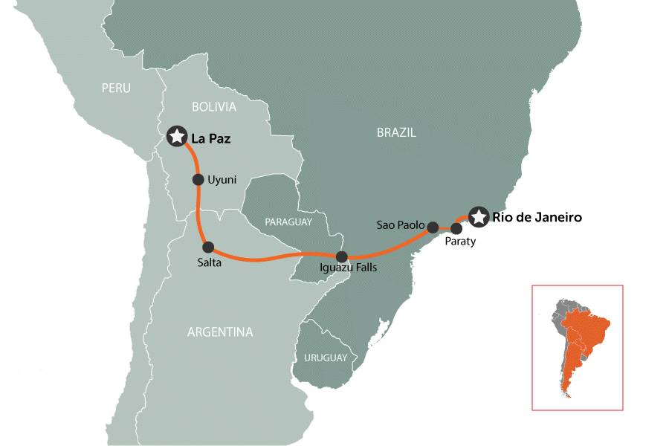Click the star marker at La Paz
[176, 136]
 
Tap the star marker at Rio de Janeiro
[478, 217]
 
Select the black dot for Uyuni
[198, 179]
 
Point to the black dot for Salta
[208, 247]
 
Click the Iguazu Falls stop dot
[342, 256]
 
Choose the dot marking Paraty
[457, 229]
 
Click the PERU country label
[116, 88]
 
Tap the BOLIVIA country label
[213, 107]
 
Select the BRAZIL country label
[396, 132]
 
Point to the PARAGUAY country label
[287, 222]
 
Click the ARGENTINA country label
[220, 332]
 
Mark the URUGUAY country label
[325, 358]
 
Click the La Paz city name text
[212, 138]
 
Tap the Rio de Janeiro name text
[536, 218]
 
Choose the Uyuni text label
[223, 180]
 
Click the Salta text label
[210, 262]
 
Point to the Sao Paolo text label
[400, 224]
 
